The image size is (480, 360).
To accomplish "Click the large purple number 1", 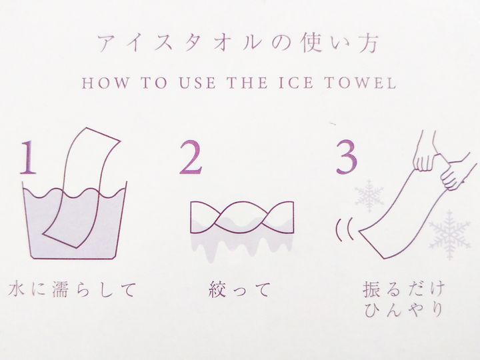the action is click(28, 157).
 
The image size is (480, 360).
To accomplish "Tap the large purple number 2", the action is click(191, 157).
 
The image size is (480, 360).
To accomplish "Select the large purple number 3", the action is click(346, 157).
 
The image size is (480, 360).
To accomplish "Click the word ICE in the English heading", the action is click(296, 83).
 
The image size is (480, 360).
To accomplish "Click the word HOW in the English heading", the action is click(105, 83).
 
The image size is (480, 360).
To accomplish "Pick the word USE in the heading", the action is click(197, 83).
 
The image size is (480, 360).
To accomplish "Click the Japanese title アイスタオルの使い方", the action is click(239, 43).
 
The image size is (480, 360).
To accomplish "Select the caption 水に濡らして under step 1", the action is click(71, 289).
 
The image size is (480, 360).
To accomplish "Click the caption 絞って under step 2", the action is click(240, 289).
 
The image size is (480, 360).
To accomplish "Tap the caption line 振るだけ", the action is click(403, 289).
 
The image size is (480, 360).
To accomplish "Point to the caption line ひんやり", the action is click(403, 309).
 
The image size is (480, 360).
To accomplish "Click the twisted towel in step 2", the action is click(242, 217).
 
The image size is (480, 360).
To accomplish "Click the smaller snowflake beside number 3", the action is click(369, 196).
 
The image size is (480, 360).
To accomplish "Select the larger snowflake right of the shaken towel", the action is click(449, 235).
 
